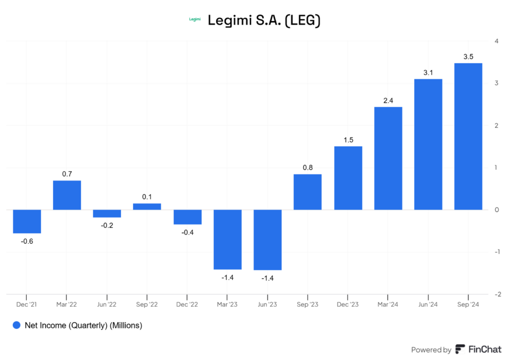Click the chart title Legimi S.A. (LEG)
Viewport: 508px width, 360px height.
[x=264, y=20]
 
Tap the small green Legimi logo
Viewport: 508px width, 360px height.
[x=195, y=19]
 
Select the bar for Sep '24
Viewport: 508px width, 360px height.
[x=468, y=137]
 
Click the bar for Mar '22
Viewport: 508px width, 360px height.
[x=67, y=195]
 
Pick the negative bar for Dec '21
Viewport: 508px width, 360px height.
[x=27, y=221]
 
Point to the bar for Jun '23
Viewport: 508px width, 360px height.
[x=267, y=240]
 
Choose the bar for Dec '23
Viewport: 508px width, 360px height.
[x=348, y=178]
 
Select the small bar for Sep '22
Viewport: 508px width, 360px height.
[x=147, y=207]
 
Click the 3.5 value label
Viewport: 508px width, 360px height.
[x=468, y=57]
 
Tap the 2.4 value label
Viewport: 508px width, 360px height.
[x=388, y=101]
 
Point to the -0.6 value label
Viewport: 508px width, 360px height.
[x=27, y=241]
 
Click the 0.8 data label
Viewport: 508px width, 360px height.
[x=308, y=168]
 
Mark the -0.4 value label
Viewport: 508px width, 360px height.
[x=188, y=232]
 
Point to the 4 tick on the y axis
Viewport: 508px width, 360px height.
[x=496, y=41]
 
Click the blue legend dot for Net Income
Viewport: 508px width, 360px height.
[x=17, y=326]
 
